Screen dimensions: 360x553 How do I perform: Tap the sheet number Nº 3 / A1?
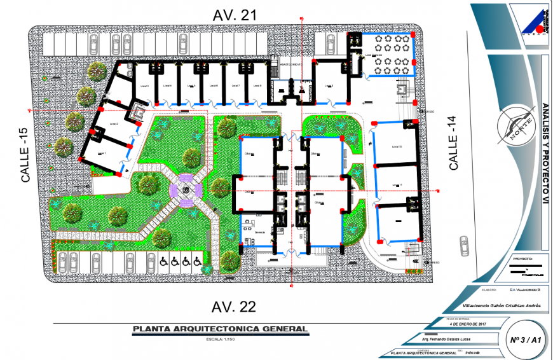(x=526, y=340)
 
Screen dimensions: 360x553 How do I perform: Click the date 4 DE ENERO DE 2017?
(x=468, y=324)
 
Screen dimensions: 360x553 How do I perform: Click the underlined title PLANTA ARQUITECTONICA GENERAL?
(x=219, y=329)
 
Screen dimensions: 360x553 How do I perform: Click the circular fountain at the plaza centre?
(x=186, y=190)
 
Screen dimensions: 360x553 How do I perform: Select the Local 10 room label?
(x=397, y=147)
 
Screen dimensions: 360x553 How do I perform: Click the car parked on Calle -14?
(x=463, y=244)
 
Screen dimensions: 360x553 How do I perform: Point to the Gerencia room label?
(x=259, y=232)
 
